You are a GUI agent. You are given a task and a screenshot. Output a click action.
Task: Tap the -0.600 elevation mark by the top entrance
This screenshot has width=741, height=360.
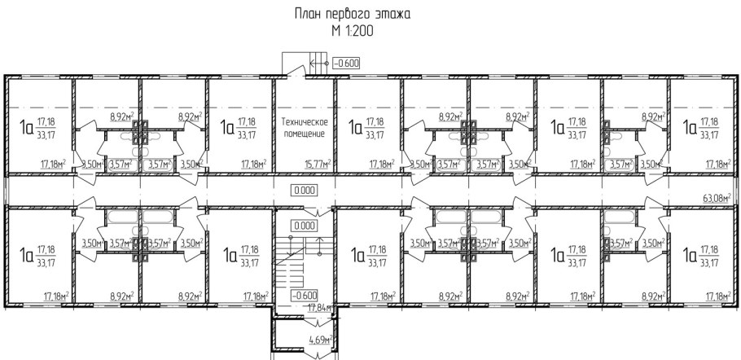coord(346,63)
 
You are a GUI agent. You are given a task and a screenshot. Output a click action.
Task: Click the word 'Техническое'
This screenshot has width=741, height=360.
coord(304,120)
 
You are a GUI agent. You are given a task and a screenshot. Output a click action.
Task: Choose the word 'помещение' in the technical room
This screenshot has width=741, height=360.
coord(304,133)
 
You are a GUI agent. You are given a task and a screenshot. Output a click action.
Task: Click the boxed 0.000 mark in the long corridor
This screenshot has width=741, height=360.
coord(305,190)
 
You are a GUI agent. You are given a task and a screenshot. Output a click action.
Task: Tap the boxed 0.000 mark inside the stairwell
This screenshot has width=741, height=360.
coord(305,226)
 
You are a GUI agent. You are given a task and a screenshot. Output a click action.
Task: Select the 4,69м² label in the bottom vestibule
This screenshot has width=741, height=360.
coord(318,340)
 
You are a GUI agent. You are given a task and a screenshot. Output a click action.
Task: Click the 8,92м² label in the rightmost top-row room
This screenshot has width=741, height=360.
coord(653,117)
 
